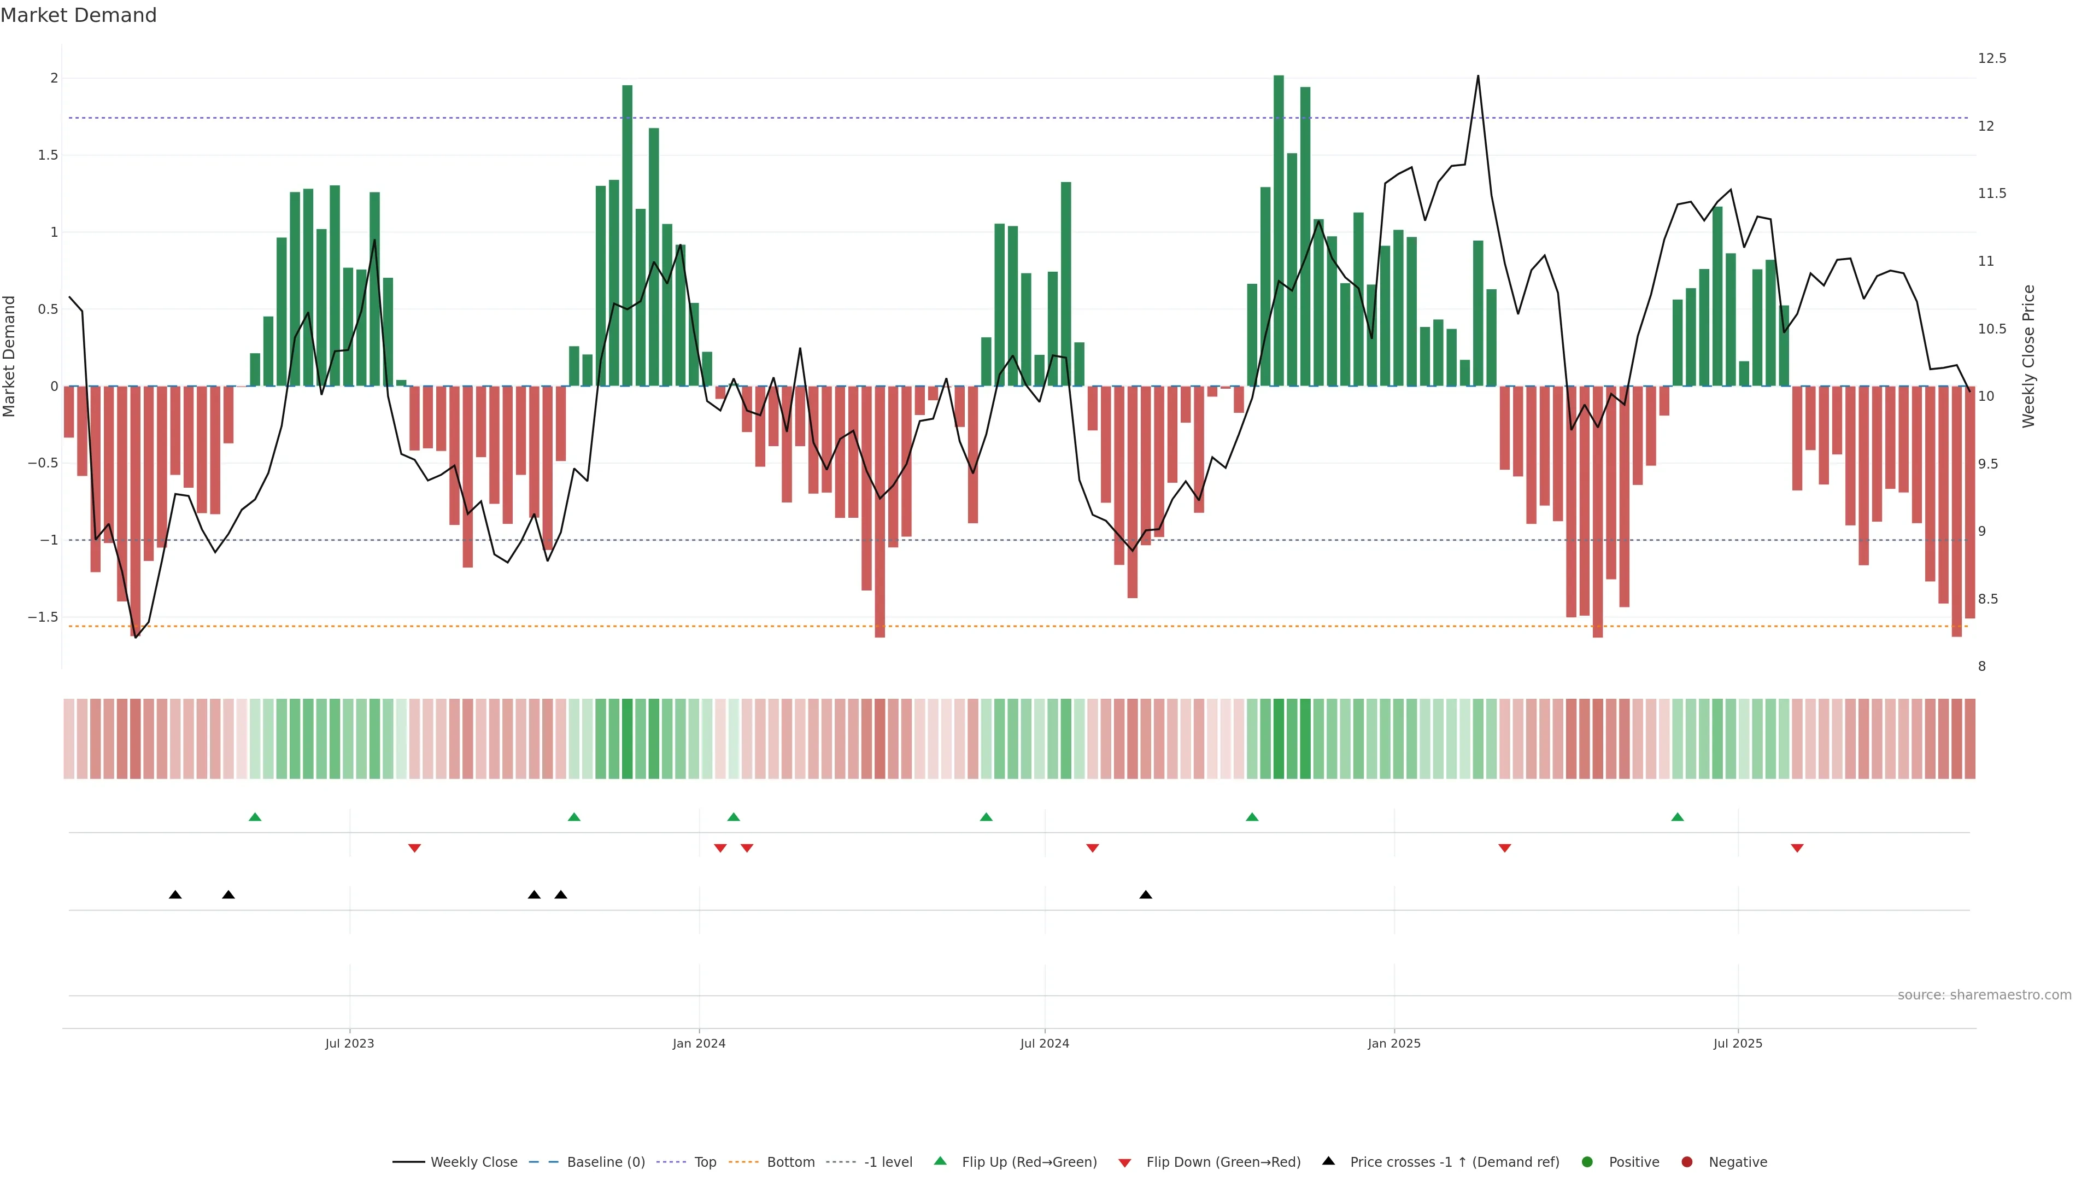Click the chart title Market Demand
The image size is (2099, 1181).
[x=78, y=15]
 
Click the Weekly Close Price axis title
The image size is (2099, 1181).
[x=2028, y=356]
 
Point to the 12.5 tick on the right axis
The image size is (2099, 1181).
[x=1991, y=59]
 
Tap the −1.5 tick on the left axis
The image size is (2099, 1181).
[x=43, y=617]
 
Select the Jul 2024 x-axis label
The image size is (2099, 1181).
[x=1044, y=1043]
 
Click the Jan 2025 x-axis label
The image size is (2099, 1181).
[x=1393, y=1043]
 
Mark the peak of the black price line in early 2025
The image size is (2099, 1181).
[x=1478, y=77]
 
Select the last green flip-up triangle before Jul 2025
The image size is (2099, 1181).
[x=1677, y=817]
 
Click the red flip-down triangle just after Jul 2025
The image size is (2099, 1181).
[x=1797, y=849]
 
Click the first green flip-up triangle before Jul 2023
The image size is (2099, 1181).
[x=255, y=817]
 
